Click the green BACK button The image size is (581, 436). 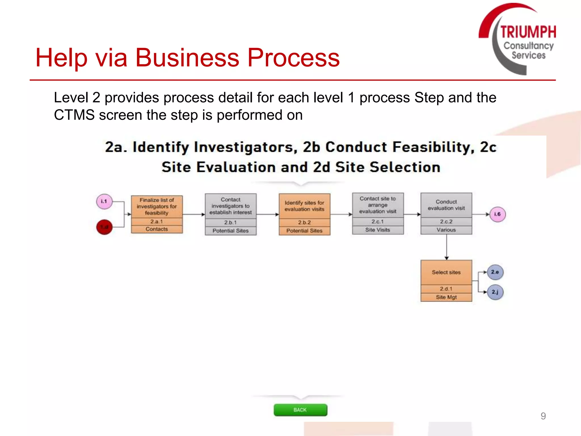300,410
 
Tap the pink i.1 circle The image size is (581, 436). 104,202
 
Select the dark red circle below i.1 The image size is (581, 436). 104,227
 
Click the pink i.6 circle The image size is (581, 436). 498,214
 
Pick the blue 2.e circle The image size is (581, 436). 495,272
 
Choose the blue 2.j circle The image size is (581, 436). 495,292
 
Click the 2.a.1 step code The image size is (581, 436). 157,222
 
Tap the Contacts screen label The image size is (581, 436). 157,229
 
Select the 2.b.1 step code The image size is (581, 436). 230,223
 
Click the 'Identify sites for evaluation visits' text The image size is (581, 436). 304,206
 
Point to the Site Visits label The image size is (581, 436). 378,230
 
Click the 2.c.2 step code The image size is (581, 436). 446,222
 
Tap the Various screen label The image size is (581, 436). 446,230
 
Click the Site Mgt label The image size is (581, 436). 446,297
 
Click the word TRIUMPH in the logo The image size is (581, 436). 528,32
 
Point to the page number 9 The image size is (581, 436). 543,416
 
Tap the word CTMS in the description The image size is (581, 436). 74,115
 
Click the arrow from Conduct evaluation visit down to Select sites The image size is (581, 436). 447,247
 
